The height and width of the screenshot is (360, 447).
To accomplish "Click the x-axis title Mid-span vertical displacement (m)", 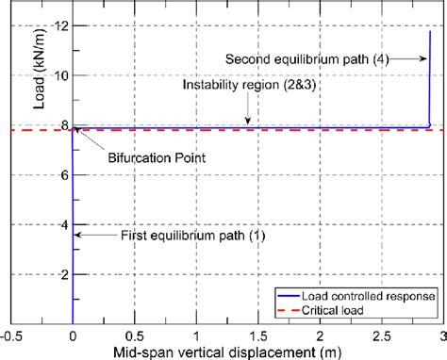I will (223, 351).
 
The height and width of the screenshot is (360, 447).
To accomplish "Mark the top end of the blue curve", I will (430, 31).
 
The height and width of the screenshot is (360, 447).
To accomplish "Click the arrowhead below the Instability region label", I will (247, 123).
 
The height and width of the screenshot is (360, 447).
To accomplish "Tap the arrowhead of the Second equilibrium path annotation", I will (427, 58).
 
